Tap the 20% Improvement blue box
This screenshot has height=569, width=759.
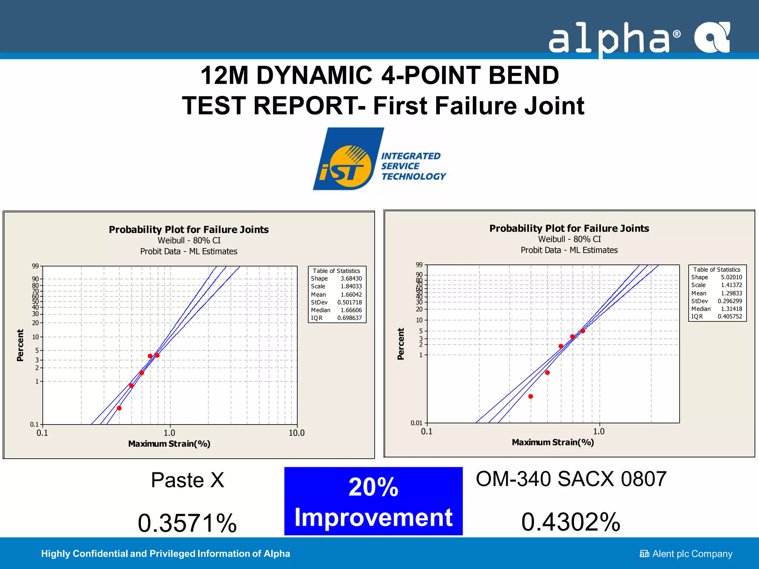pyautogui.click(x=373, y=501)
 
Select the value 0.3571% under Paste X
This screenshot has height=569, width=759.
pyautogui.click(x=187, y=523)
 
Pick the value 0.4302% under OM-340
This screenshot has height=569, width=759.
pyautogui.click(x=571, y=522)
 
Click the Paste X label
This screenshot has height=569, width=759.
pyautogui.click(x=188, y=480)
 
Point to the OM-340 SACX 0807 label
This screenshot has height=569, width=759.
pyautogui.click(x=571, y=479)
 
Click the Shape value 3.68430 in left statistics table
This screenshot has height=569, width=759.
pyautogui.click(x=351, y=279)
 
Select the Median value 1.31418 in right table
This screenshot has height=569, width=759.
pyautogui.click(x=731, y=309)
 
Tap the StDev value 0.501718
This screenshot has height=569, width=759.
pyautogui.click(x=349, y=302)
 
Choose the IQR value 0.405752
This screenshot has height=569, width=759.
pyautogui.click(x=730, y=316)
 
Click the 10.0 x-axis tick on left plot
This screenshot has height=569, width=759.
pyautogui.click(x=296, y=433)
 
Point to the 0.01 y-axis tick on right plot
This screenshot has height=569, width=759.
pyautogui.click(x=417, y=423)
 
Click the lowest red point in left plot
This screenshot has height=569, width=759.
pyautogui.click(x=119, y=408)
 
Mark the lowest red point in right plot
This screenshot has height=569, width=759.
pyautogui.click(x=531, y=396)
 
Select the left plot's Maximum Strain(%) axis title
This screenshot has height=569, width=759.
pyautogui.click(x=169, y=444)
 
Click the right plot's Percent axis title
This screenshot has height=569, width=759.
pyautogui.click(x=401, y=344)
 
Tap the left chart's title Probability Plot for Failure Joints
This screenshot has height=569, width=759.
pyautogui.click(x=189, y=230)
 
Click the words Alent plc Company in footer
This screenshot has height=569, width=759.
pyautogui.click(x=692, y=554)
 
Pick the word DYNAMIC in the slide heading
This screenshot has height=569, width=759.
pyautogui.click(x=314, y=75)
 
